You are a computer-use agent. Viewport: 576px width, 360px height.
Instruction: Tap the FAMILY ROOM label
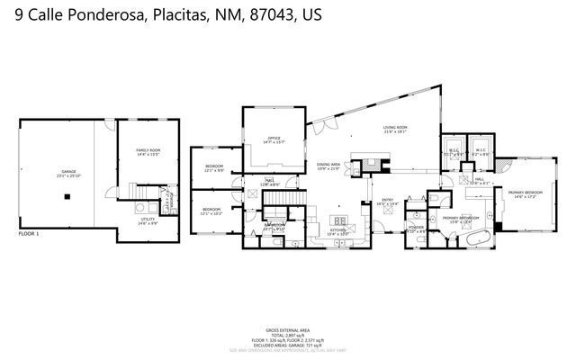pyautogui.click(x=148, y=152)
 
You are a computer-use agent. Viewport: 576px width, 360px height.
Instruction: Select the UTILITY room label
pyautogui.click(x=148, y=220)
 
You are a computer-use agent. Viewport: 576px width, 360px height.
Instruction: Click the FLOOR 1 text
pyautogui.click(x=30, y=234)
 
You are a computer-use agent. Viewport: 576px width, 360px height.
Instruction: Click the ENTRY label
pyautogui.click(x=388, y=202)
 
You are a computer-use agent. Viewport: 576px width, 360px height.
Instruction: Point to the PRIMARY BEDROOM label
pyautogui.click(x=525, y=193)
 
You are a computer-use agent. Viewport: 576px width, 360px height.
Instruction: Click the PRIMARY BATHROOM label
pyautogui.click(x=461, y=219)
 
